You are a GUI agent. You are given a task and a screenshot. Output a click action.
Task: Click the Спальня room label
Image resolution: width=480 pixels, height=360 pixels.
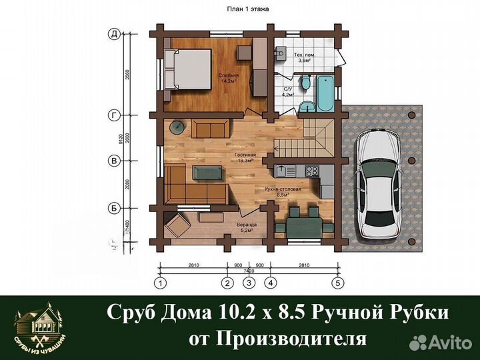tap(228, 76)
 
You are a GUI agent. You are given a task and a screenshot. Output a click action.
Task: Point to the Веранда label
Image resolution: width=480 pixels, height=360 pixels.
tap(246, 226)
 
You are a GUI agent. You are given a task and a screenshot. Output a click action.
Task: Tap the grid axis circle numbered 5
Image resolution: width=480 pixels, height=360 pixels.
tap(338, 283)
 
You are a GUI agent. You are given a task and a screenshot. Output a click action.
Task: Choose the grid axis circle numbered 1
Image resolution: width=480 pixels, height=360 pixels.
tap(160, 283)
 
